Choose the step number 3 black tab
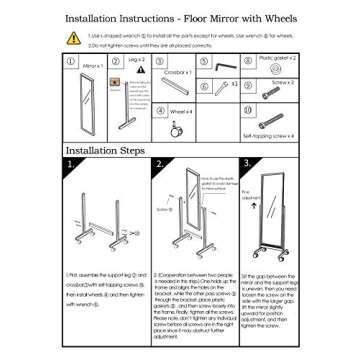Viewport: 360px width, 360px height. pyautogui.click(x=246, y=163)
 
